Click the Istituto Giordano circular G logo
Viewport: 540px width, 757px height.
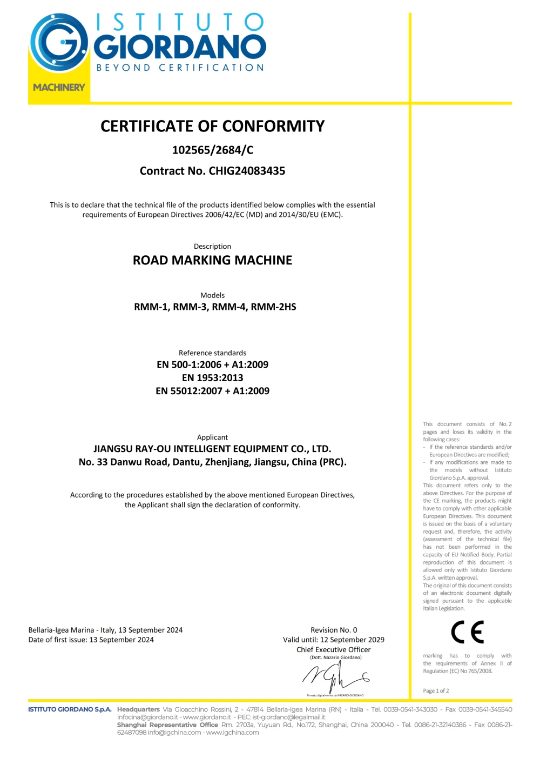[x=58, y=43]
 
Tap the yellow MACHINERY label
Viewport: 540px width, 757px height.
[x=59, y=87]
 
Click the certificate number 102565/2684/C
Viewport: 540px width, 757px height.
[x=212, y=150]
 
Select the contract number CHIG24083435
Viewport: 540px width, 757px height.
[x=247, y=171]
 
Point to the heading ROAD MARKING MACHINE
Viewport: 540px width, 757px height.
[x=212, y=260]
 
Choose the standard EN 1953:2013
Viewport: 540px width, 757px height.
[x=212, y=377]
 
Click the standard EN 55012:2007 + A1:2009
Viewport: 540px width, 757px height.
[x=212, y=391]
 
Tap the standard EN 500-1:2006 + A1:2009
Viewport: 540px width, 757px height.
[x=212, y=364]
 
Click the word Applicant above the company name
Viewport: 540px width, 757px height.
[x=212, y=437]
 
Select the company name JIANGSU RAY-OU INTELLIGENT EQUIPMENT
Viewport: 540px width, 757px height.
[x=212, y=449]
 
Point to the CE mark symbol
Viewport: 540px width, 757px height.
[x=467, y=632]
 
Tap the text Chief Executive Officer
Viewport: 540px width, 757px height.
[x=333, y=649]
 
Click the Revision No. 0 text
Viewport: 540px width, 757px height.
[x=333, y=630]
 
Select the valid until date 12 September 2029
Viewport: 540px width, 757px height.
[x=352, y=640]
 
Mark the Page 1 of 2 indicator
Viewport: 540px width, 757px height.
[x=436, y=691]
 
